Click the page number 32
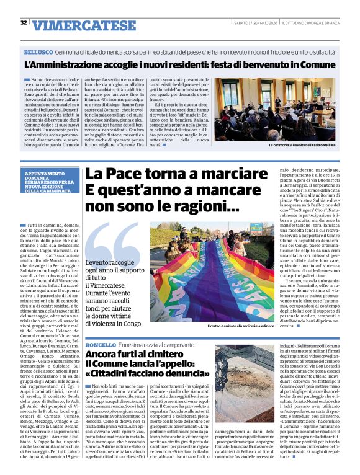tap(24, 22)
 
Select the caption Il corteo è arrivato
tap(241, 325)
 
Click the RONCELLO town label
tap(101, 344)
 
